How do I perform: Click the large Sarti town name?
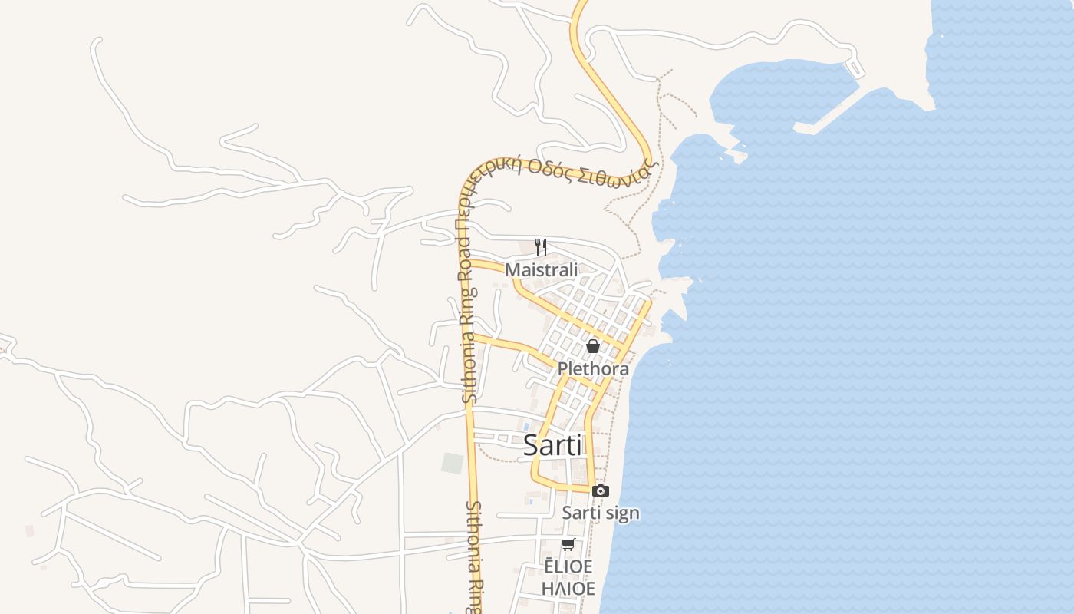pyautogui.click(x=552, y=446)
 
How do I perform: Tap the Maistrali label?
pyautogui.click(x=541, y=270)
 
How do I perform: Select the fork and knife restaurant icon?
pyautogui.click(x=541, y=246)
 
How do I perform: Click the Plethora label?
pyautogui.click(x=593, y=369)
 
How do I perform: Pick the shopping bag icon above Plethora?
pyautogui.click(x=593, y=346)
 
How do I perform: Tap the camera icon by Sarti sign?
pyautogui.click(x=601, y=490)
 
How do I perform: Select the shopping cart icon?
pyautogui.click(x=568, y=545)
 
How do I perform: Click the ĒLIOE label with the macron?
pyautogui.click(x=568, y=566)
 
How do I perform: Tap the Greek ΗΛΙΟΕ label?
pyautogui.click(x=568, y=589)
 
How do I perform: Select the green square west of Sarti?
pyautogui.click(x=453, y=464)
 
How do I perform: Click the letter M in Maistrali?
pyautogui.click(x=512, y=270)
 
